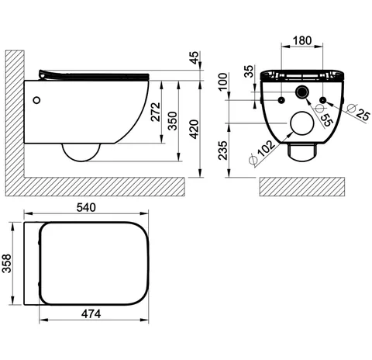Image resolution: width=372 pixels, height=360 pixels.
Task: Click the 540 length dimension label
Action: point(86,207)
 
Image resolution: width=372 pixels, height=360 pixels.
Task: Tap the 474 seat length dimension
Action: point(91,314)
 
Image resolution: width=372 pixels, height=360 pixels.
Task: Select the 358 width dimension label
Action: point(7,264)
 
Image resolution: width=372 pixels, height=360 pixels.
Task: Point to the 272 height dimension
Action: point(156,112)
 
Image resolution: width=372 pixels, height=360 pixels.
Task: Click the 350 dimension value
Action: point(172,121)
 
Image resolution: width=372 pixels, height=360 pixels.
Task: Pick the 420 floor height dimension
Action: point(194,130)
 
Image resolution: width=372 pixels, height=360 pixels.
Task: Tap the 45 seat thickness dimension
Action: point(194,57)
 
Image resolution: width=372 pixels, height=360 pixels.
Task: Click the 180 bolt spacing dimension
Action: point(302,40)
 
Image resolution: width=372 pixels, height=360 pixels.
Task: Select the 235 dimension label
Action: point(222,151)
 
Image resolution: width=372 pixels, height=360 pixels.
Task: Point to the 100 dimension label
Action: point(222,81)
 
